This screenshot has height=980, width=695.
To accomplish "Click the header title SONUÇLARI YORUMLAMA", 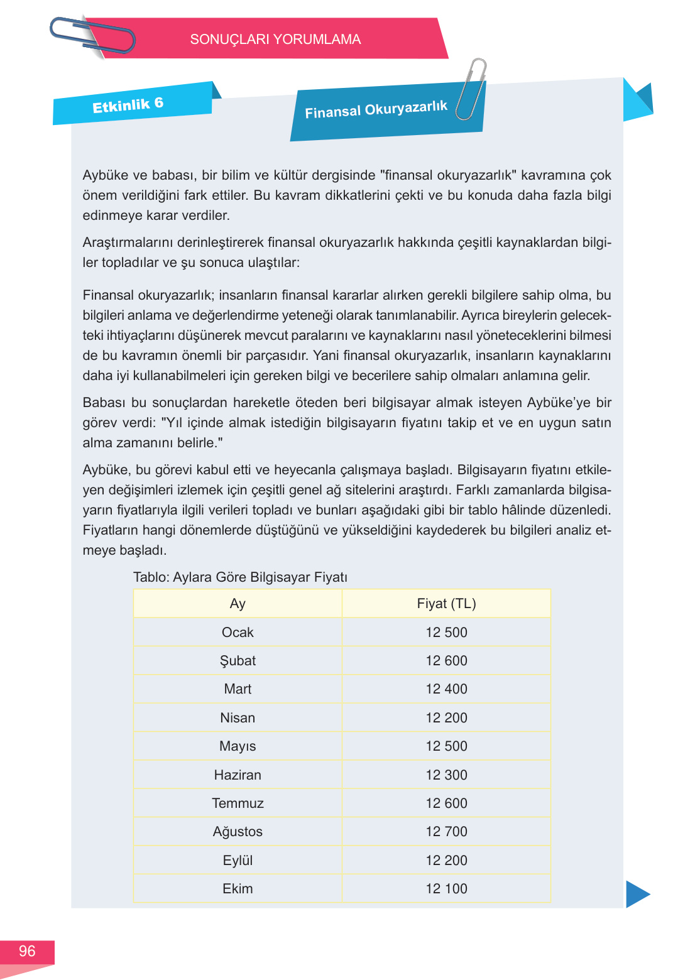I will coord(275,40).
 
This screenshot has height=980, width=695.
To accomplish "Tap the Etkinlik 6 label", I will coord(128,105).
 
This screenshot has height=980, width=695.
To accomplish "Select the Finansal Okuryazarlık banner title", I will coord(376,110).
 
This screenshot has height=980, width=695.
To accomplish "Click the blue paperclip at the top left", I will coord(92,36).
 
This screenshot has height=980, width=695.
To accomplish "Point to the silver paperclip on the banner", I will coord(471,89).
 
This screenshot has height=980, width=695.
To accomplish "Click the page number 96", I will coord(27,951).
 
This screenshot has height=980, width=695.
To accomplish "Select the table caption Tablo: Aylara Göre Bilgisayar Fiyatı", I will coord(240,577).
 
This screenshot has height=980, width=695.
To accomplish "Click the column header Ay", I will coord(238,604).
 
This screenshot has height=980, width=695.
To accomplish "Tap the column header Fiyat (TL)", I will coord(446,604).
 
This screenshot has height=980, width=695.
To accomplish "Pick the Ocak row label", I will coord(238,633).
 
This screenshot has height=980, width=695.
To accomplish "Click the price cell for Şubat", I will coord(446,661).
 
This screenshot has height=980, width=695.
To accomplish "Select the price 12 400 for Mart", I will coord(446,689).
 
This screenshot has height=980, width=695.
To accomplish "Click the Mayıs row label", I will coord(238,746).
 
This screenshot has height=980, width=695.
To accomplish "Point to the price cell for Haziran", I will coord(446,775).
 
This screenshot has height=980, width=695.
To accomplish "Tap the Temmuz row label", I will coord(238,803).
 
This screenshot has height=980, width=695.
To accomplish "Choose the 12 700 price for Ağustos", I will coord(446,832).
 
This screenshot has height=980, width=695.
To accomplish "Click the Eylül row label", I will coord(238,861).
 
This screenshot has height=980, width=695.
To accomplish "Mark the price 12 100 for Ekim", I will coord(446,889).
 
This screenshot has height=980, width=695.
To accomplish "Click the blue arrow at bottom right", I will coord(637,894).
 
